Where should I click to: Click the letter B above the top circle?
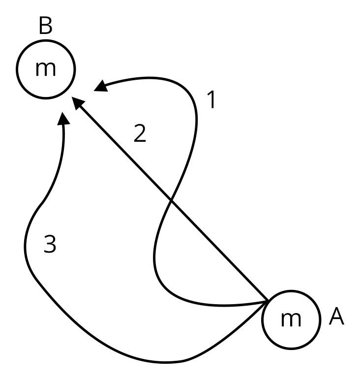click(x=45, y=27)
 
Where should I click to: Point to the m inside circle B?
click(x=45, y=69)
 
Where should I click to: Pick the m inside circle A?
click(x=291, y=320)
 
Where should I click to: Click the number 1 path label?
click(x=210, y=100)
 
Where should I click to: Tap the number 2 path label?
click(x=140, y=134)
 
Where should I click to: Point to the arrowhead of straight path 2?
click(x=78, y=102)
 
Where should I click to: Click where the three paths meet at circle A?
click(x=266, y=302)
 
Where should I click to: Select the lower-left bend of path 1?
click(x=156, y=266)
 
